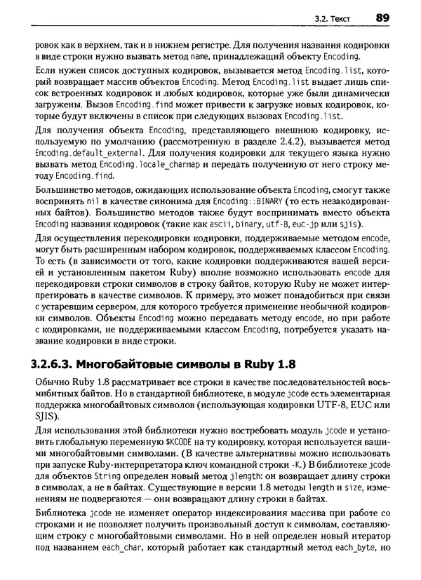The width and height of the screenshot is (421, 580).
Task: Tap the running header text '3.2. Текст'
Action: [x=330, y=18]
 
